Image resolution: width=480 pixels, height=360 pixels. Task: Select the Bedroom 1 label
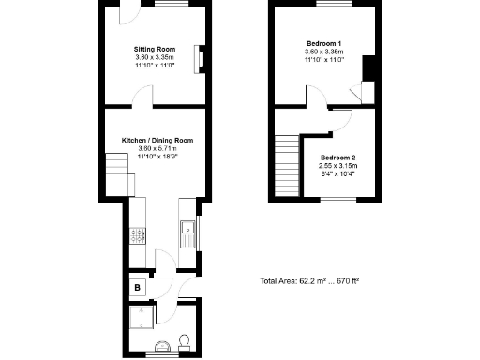point(323,43)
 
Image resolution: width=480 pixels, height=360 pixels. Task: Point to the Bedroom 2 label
point(338,157)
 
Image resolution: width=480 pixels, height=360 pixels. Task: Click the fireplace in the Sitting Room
point(198,59)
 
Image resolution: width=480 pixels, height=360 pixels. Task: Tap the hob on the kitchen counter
point(137,235)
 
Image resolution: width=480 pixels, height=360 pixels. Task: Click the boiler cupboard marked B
point(137,287)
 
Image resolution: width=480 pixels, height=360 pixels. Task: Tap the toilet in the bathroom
point(184,340)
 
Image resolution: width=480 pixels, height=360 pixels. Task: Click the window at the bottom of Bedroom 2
point(335,199)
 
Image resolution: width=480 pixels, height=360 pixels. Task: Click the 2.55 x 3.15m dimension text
point(338,166)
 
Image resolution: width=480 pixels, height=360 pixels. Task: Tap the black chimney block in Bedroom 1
point(368,69)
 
